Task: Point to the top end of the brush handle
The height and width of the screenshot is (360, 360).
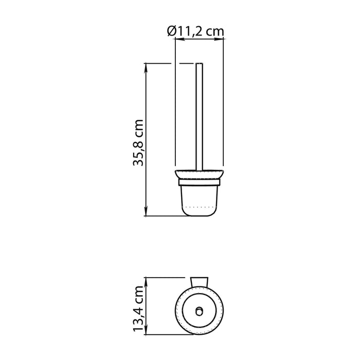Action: (200, 64)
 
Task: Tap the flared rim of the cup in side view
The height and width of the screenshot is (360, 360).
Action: (200, 174)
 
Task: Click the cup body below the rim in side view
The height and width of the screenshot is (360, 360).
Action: (200, 198)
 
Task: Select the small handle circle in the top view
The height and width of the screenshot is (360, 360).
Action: (199, 310)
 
